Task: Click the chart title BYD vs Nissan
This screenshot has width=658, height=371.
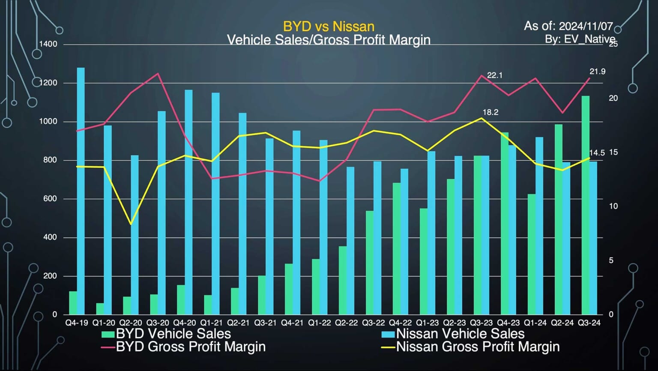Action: click(329, 27)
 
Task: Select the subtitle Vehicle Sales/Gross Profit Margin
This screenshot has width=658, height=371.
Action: click(329, 40)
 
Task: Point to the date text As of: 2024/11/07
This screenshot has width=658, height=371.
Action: click(568, 26)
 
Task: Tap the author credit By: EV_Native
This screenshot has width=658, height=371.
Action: click(580, 39)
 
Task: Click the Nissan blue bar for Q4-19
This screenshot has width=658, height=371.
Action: click(81, 191)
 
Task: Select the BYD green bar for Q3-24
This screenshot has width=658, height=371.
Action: click(585, 206)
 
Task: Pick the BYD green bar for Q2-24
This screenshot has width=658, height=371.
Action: click(558, 219)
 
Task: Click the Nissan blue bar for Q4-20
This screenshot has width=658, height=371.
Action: click(188, 201)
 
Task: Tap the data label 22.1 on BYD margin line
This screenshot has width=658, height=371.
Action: click(494, 75)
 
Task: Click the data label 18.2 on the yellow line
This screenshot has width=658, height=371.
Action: click(490, 112)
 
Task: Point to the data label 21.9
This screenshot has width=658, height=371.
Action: click(597, 72)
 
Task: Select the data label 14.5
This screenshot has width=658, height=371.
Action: click(597, 153)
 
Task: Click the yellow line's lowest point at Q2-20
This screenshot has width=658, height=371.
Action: click(131, 224)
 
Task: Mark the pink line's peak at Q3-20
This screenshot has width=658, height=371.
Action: click(158, 73)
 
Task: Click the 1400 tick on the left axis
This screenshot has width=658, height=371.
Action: click(48, 44)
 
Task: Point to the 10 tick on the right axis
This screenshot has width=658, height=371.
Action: click(613, 206)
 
